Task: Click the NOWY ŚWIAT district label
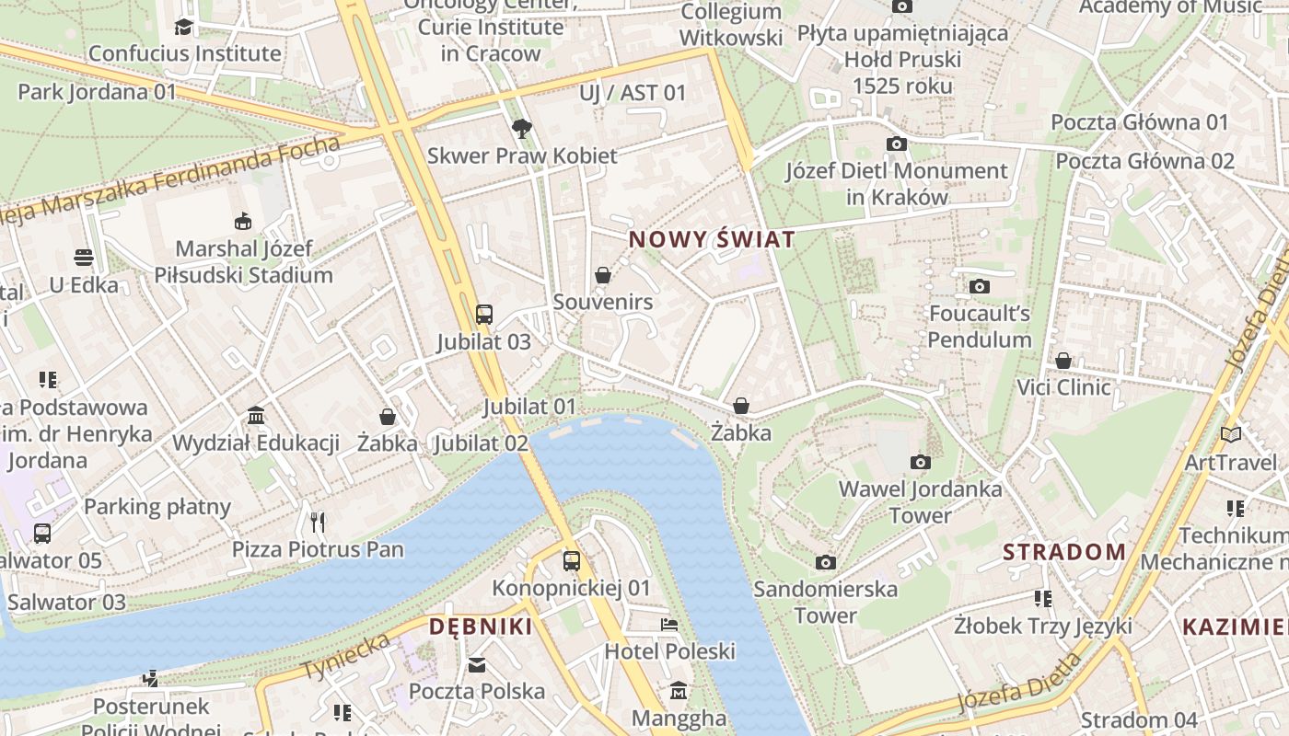[711, 240]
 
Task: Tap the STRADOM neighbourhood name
[1063, 552]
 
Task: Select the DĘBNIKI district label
[481, 627]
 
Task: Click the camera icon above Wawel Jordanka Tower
[920, 462]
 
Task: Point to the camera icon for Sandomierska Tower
[826, 562]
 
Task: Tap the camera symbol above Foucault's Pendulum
[980, 286]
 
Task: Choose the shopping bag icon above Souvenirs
[603, 275]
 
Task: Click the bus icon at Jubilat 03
[484, 315]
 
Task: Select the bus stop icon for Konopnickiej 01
[572, 560]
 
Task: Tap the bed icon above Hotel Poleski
[669, 625]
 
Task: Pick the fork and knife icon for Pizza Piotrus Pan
[318, 523]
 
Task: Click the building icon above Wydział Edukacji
[256, 416]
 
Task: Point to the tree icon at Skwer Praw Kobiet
[522, 129]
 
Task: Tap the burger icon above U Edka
[84, 258]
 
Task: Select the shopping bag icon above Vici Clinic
[1063, 361]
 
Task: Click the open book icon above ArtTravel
[1230, 434]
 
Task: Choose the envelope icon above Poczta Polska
[477, 664]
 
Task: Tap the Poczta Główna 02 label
[1144, 161]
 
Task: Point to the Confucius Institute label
[184, 53]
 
